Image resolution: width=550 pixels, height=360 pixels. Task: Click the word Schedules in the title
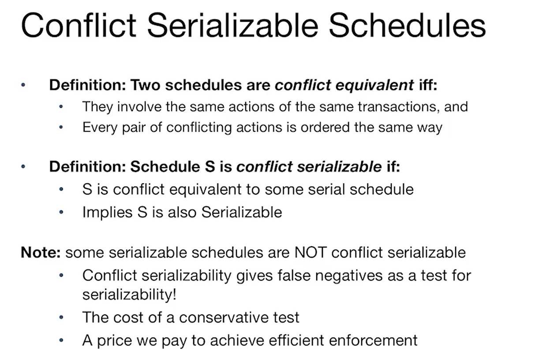407,26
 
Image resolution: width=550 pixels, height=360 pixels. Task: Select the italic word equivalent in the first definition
374,85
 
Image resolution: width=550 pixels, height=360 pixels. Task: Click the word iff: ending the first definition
428,85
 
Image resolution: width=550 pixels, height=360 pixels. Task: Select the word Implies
107,212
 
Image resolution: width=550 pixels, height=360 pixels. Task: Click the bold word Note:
41,252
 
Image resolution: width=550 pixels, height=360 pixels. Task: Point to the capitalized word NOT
311,252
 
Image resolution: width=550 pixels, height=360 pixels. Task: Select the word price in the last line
115,341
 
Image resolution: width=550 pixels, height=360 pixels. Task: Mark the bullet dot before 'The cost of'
61,317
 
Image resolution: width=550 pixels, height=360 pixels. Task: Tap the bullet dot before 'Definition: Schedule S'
23,167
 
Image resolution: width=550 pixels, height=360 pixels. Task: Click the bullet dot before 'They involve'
61,107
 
